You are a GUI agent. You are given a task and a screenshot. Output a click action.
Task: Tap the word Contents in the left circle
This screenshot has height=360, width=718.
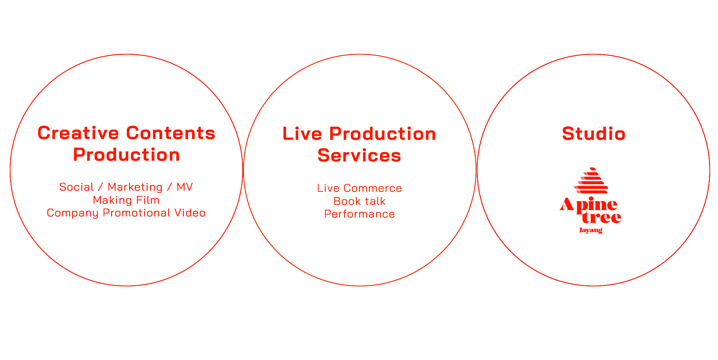click(171, 133)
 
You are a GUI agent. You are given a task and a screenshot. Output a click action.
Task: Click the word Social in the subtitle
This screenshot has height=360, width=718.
click(76, 187)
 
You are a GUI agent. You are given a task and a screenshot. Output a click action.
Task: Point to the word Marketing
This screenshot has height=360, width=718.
click(135, 187)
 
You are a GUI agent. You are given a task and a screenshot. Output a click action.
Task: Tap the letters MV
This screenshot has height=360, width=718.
click(185, 187)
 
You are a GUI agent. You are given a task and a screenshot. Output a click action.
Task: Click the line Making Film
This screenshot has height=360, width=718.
click(126, 200)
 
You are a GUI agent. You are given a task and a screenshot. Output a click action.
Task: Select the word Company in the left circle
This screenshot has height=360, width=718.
click(73, 213)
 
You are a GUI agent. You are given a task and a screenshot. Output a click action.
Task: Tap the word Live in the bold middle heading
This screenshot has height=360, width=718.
click(302, 134)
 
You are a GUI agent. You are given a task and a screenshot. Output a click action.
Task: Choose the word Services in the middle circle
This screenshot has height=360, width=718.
click(359, 156)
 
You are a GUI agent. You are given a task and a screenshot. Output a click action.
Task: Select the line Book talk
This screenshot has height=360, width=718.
click(359, 201)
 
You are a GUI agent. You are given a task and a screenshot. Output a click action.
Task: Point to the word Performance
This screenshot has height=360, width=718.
click(359, 214)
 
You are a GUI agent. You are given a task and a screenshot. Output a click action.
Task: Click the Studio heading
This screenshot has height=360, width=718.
click(593, 134)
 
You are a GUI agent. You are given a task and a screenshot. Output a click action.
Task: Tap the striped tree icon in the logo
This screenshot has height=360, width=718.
click(591, 181)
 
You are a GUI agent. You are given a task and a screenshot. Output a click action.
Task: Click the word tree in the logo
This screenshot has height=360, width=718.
click(602, 217)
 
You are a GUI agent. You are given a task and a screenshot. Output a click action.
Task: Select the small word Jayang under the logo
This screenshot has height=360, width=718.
click(591, 230)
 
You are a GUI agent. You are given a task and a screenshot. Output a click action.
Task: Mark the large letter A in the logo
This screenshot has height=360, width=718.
click(567, 205)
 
